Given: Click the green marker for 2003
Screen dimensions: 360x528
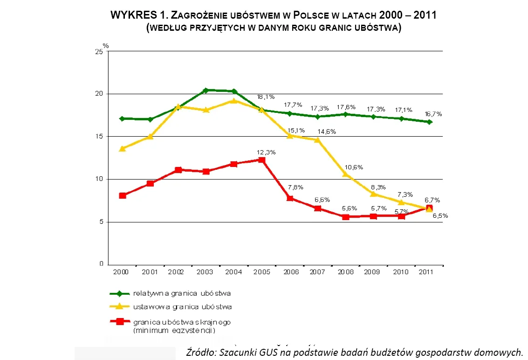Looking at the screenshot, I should [206, 90].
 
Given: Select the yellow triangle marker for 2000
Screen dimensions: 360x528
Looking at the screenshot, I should [122, 149].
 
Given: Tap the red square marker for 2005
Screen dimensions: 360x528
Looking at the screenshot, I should [261, 160].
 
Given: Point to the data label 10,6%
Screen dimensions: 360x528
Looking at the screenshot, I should [354, 167].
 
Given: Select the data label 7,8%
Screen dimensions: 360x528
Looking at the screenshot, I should [295, 187].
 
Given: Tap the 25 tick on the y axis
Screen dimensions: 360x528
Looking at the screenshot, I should [99, 51].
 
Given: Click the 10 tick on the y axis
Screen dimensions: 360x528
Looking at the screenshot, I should [99, 179].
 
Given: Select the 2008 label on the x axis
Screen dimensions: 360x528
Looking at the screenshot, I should [346, 271].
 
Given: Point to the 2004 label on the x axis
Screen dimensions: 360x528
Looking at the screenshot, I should [233, 271].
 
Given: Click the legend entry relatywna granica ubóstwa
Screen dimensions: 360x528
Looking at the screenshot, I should [182, 293].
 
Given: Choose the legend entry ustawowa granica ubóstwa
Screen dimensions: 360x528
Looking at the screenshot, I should [182, 307].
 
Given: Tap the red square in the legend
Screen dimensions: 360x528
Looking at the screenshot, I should [120, 321].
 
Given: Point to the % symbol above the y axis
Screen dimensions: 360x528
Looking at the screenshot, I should [106, 46].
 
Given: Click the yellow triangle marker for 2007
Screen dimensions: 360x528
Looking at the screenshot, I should [317, 140].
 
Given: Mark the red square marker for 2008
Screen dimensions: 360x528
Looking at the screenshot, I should [345, 217].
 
